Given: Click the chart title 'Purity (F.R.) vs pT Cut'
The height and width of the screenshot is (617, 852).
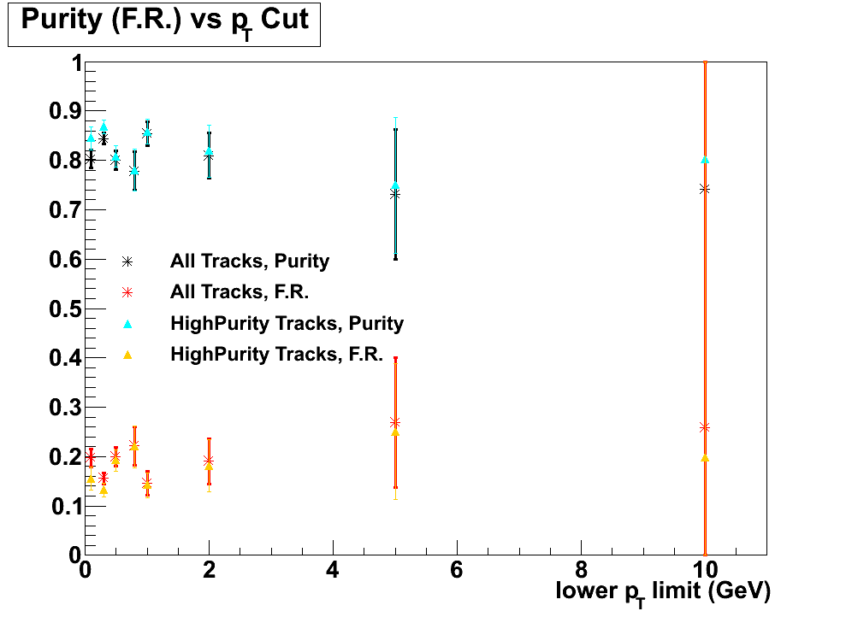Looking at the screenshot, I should (x=164, y=21).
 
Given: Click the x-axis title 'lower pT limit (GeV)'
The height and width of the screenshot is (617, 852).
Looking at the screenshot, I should (x=663, y=591).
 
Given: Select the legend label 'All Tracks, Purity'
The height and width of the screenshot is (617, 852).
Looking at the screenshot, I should (x=250, y=261).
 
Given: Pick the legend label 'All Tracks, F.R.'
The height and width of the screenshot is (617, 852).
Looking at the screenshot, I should (x=239, y=291).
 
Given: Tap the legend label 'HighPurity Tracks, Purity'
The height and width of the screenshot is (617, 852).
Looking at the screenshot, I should (x=287, y=323).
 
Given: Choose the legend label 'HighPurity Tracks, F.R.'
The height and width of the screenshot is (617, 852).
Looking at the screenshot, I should (x=276, y=354).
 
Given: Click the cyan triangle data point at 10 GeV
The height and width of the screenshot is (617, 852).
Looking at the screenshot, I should (x=705, y=160).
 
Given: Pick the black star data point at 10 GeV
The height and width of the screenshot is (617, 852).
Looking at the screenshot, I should (x=705, y=189).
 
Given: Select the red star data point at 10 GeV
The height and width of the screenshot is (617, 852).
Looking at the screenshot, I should (x=705, y=427).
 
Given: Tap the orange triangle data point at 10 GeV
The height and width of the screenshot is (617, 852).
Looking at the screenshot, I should (x=705, y=457).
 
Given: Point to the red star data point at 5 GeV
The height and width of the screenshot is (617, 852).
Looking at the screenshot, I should (x=395, y=422).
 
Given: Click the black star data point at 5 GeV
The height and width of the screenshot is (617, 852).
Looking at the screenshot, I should (x=395, y=195).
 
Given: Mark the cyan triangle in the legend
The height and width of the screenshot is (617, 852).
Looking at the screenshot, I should (x=127, y=323).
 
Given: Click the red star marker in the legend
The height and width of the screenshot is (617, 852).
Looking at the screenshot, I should (x=127, y=292).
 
